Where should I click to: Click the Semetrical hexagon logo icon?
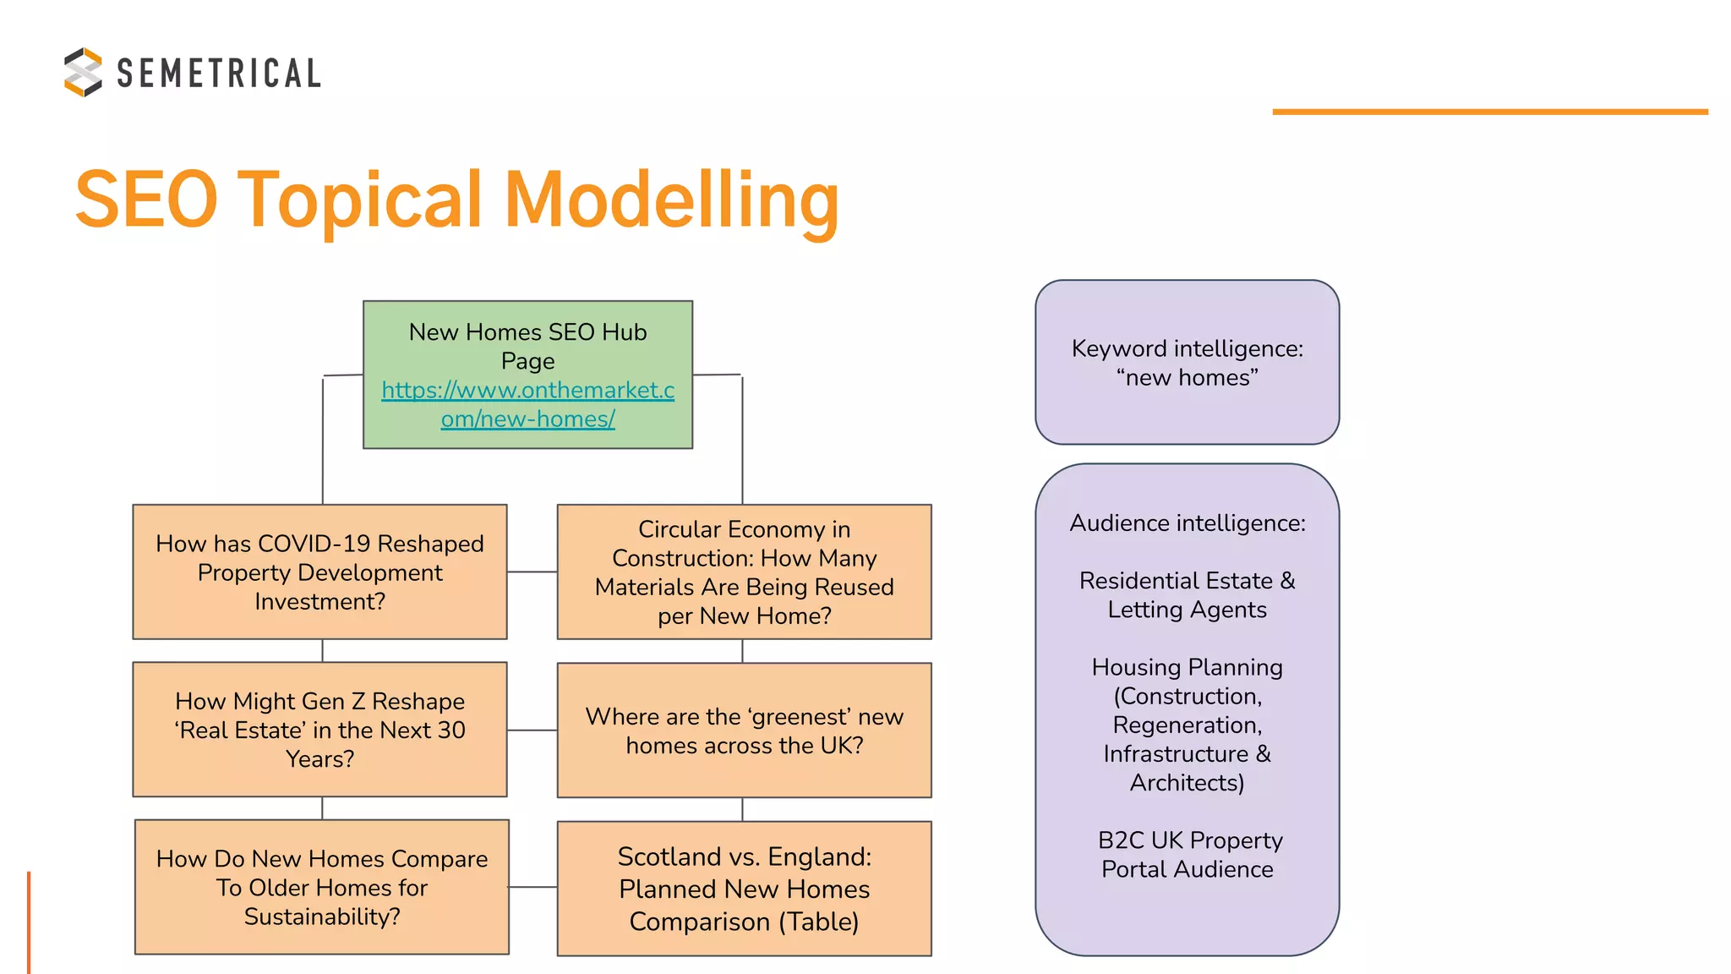[83, 72]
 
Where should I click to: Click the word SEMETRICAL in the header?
[219, 74]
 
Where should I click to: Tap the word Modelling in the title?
[672, 200]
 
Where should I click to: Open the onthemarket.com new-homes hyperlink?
[527, 404]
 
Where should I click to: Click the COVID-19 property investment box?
[319, 572]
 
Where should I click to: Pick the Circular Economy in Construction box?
[744, 572]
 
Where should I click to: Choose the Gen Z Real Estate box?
[319, 729]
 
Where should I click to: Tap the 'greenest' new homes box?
[744, 730]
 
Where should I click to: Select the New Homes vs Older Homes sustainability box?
[321, 887]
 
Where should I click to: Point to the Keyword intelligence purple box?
[1187, 362]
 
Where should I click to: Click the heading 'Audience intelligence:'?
[1187, 523]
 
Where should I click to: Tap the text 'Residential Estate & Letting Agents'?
[1187, 594]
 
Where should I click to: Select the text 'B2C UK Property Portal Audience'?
[1188, 854]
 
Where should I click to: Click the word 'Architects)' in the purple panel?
[1187, 783]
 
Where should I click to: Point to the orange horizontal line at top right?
[1489, 112]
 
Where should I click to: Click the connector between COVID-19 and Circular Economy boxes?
[532, 572]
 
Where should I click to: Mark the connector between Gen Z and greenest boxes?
[532, 730]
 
